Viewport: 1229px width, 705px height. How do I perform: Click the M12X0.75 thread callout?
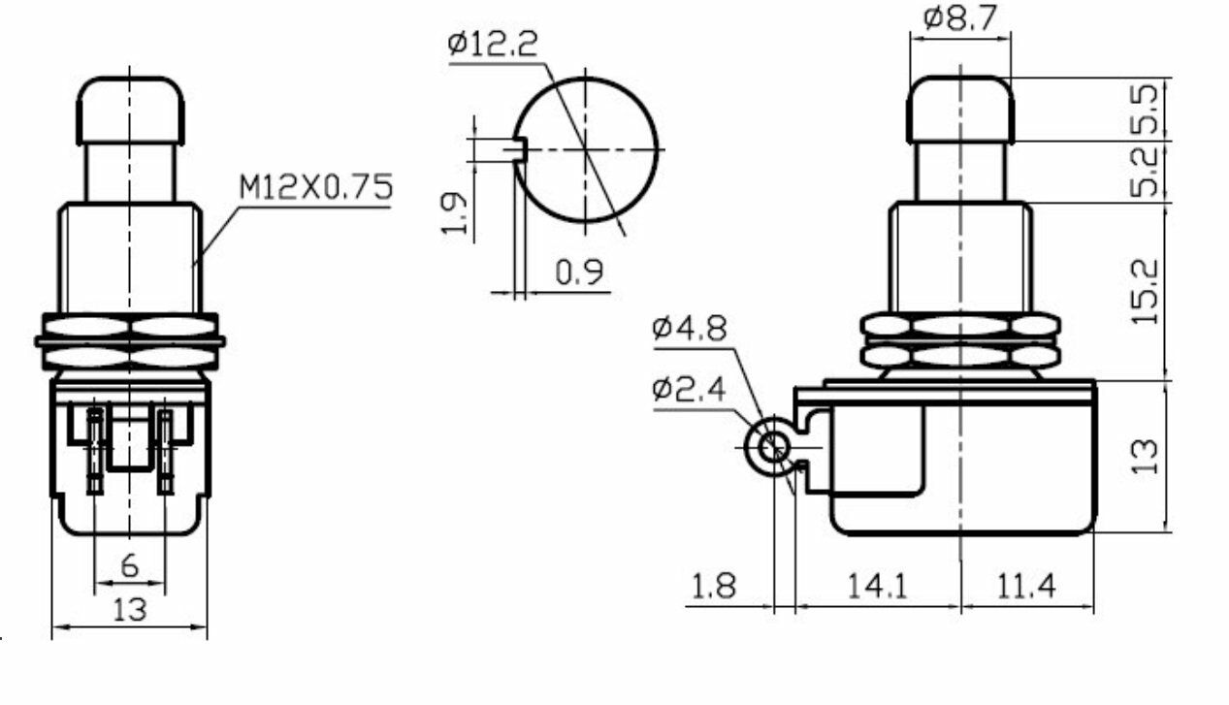(315, 187)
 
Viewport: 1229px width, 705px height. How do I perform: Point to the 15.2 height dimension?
(1146, 291)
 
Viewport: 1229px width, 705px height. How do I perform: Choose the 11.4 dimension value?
(1024, 586)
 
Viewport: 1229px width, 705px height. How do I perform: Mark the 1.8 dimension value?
(713, 586)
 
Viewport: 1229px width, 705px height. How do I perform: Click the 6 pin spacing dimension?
(129, 566)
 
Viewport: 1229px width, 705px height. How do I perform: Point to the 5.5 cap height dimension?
(1146, 109)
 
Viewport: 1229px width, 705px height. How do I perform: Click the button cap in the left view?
(130, 110)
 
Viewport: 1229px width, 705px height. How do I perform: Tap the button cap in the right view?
(959, 109)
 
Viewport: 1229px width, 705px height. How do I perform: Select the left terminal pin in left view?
(95, 451)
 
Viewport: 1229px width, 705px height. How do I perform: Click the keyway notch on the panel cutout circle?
(519, 149)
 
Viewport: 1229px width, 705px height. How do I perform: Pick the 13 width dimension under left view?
(129, 611)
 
